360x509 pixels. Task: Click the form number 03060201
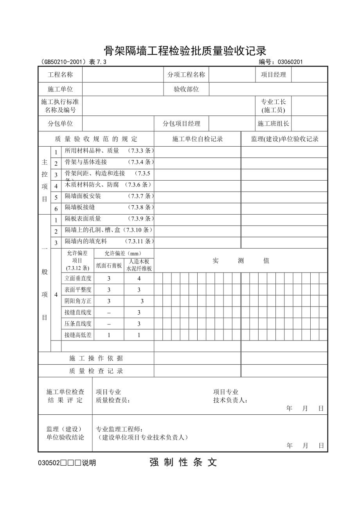(290, 61)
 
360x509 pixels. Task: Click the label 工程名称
(60, 75)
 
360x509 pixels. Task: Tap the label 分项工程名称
(186, 75)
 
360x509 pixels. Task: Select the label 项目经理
(274, 75)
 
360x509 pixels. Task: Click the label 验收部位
(186, 89)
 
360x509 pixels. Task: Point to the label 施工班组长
(273, 124)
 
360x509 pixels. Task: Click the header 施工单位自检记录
(198, 139)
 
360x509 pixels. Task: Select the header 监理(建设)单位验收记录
(284, 139)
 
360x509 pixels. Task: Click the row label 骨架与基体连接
(86, 162)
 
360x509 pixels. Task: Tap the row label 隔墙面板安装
(83, 196)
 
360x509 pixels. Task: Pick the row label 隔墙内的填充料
(86, 242)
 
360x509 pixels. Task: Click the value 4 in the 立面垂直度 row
(139, 279)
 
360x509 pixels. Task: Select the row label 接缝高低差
(78, 335)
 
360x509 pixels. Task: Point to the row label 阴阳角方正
(78, 301)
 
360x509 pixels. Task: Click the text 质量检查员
(113, 400)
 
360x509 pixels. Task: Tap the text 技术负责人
(230, 400)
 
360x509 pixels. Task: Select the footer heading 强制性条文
(183, 462)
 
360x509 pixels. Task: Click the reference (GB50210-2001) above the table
(63, 61)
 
